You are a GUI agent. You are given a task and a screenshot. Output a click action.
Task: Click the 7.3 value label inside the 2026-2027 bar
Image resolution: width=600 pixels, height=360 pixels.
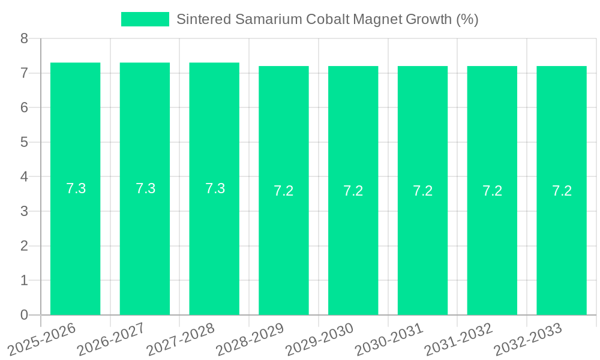coord(145,188)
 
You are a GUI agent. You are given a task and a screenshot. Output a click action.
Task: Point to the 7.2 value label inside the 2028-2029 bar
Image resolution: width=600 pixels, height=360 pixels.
coord(284,191)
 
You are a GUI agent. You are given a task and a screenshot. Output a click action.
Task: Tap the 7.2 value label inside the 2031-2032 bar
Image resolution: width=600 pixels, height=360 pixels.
coord(492,191)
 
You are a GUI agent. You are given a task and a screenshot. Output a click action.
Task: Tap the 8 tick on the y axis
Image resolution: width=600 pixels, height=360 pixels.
coord(24,39)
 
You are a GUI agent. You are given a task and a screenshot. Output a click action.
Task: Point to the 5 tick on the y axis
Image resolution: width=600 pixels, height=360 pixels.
coord(24,142)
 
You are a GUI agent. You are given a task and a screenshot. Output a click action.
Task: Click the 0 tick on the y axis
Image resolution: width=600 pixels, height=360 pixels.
coord(24,315)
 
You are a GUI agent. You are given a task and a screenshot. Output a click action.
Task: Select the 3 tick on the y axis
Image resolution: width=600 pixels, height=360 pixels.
coord(24,211)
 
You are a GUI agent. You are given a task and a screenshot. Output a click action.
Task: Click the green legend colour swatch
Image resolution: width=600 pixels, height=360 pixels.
coord(145,19)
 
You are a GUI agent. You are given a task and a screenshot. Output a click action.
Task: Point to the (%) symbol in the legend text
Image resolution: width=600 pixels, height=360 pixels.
coord(467,19)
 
